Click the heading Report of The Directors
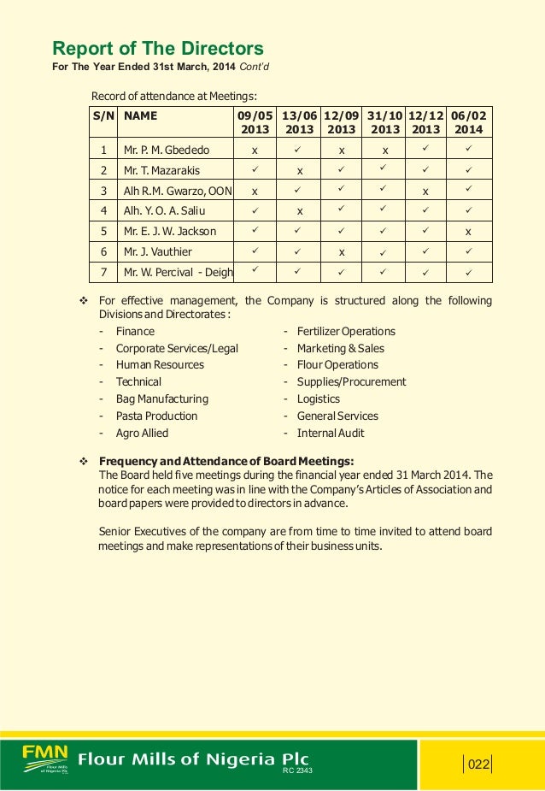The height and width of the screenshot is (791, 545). click(158, 48)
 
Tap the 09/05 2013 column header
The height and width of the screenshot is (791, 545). click(254, 121)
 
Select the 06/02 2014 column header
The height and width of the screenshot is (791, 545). click(467, 121)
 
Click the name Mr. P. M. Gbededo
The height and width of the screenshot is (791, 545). click(167, 150)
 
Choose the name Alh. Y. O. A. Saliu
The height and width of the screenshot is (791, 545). click(165, 210)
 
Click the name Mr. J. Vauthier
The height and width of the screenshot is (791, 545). click(158, 251)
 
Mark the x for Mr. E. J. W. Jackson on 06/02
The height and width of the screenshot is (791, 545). click(467, 232)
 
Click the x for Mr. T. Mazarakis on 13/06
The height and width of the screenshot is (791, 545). click(300, 171)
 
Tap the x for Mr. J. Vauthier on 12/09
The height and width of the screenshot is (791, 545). click(341, 252)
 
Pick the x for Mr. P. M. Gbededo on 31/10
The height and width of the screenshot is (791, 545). click(384, 151)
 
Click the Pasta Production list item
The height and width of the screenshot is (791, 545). click(156, 416)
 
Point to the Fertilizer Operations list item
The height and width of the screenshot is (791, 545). click(346, 331)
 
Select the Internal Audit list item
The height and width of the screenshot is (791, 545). click(331, 433)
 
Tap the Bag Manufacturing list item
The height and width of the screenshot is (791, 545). click(162, 398)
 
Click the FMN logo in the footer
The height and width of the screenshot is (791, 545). click(45, 757)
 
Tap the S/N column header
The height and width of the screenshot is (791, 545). click(103, 114)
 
